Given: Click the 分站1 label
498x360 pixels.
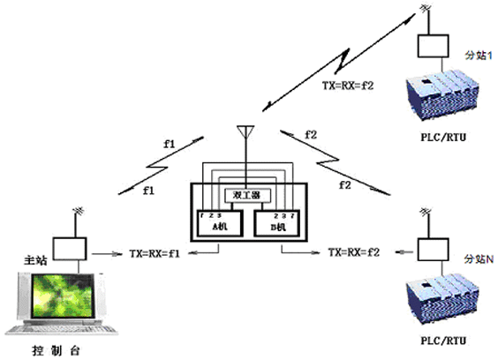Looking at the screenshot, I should [479, 54].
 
